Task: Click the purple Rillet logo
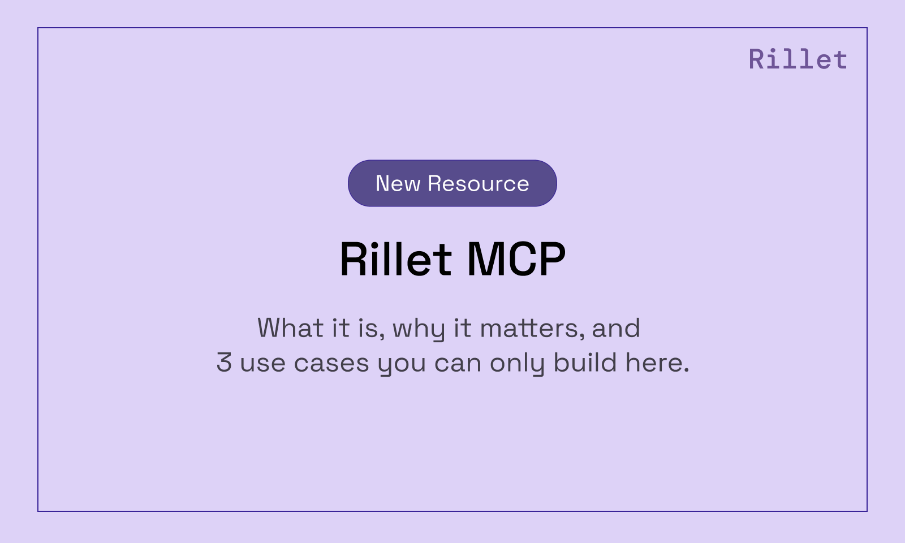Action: [798, 59]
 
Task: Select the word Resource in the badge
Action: [479, 183]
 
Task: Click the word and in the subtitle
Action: [616, 328]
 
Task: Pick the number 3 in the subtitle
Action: [224, 363]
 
